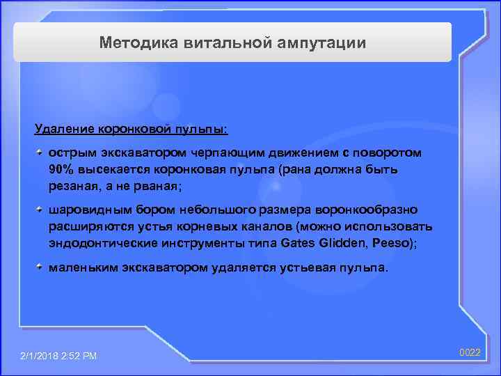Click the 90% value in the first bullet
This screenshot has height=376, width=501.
tap(61, 169)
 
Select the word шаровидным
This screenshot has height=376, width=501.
tap(86, 210)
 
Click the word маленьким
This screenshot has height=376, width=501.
tap(83, 267)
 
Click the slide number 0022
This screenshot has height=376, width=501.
tap(470, 353)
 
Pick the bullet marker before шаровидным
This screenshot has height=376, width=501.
tap(41, 209)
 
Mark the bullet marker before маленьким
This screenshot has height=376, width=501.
tap(41, 267)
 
